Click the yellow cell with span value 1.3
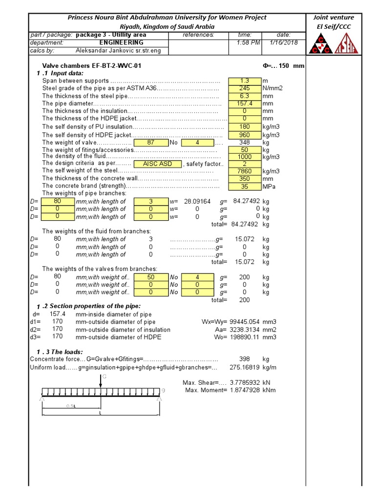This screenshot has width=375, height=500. point(244,81)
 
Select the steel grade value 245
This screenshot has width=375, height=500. point(244,88)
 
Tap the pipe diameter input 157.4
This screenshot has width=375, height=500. point(244,104)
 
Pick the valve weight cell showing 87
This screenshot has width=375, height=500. point(150,143)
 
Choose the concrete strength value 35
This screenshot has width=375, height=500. point(244,187)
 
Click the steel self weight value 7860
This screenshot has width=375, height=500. point(244,171)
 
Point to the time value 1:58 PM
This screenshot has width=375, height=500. point(245,42)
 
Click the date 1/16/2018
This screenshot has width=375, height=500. point(283,42)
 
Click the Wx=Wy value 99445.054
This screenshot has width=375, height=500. point(245,322)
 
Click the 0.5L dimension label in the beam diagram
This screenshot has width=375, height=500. point(71,406)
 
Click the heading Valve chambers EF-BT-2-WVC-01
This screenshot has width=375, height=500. point(93,65)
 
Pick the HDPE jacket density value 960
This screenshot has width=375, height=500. point(244,134)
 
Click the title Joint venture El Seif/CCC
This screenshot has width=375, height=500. point(334,21)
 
